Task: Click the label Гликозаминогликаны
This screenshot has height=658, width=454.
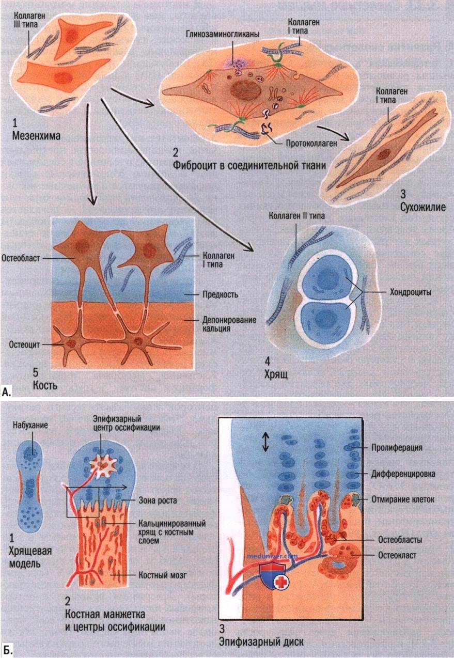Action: [223, 35]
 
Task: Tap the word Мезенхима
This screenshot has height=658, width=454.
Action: [36, 136]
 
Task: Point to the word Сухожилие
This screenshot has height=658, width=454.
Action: [423, 207]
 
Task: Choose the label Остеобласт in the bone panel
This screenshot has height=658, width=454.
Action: [20, 258]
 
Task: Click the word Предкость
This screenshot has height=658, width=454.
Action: [221, 294]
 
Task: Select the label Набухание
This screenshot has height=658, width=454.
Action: [30, 426]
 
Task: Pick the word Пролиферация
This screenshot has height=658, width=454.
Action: [397, 448]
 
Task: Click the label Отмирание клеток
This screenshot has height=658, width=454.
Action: [403, 499]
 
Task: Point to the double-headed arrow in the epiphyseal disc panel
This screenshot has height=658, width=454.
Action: [265, 443]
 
